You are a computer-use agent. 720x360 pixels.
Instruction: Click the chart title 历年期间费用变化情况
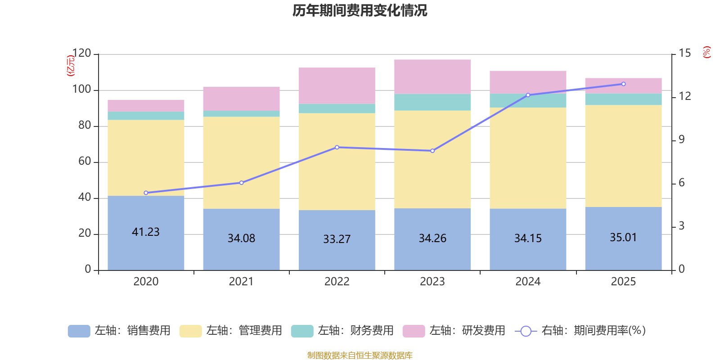click(x=360, y=10)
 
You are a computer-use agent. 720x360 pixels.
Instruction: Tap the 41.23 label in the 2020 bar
click(x=146, y=232)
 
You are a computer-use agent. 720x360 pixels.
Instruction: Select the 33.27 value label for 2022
click(x=337, y=239)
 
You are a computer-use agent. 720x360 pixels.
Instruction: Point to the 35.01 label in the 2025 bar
click(x=623, y=237)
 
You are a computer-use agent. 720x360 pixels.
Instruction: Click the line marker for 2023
click(x=432, y=151)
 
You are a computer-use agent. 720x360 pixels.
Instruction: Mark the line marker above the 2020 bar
click(x=146, y=193)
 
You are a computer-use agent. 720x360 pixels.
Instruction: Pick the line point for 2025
click(x=623, y=84)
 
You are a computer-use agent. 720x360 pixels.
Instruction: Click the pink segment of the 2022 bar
click(x=337, y=85)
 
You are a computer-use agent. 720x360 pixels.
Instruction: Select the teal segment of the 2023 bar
click(x=432, y=102)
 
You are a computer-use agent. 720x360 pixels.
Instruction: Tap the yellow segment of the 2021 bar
click(x=241, y=162)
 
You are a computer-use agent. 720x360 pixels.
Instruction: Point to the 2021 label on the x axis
click(x=241, y=282)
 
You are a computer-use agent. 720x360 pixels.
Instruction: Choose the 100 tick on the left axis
click(x=82, y=90)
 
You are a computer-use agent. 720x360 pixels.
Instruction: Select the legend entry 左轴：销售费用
click(x=119, y=331)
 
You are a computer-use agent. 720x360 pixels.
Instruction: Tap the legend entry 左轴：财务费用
click(x=342, y=331)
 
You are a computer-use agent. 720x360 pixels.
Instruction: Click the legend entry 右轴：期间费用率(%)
click(x=580, y=331)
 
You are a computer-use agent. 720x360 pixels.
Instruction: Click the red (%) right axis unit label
click(x=707, y=52)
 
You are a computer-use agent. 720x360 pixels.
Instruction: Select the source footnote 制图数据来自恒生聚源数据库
click(x=360, y=355)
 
